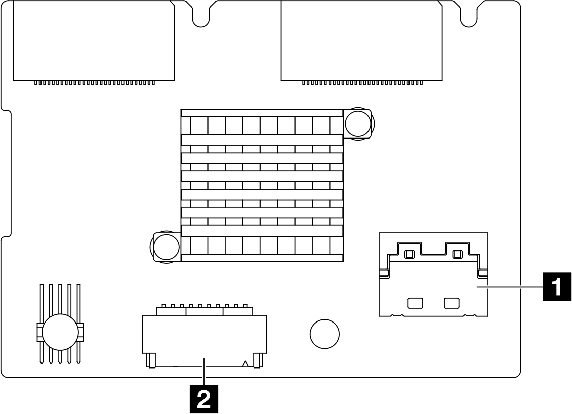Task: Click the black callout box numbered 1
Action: [x=557, y=287]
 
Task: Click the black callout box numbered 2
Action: [x=204, y=399]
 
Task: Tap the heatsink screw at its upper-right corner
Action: [x=358, y=124]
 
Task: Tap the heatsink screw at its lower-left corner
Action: [x=167, y=247]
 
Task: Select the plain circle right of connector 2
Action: [x=324, y=334]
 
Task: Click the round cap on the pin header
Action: [x=60, y=333]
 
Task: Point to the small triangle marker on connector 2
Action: [x=246, y=364]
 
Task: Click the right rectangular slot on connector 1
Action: [x=451, y=303]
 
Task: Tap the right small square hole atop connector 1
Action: [x=457, y=254]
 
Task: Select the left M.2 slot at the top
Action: [x=94, y=41]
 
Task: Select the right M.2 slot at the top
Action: [x=362, y=41]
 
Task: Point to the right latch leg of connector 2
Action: [x=258, y=360]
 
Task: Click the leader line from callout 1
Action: [x=510, y=287]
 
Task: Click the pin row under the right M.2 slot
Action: [x=362, y=83]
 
